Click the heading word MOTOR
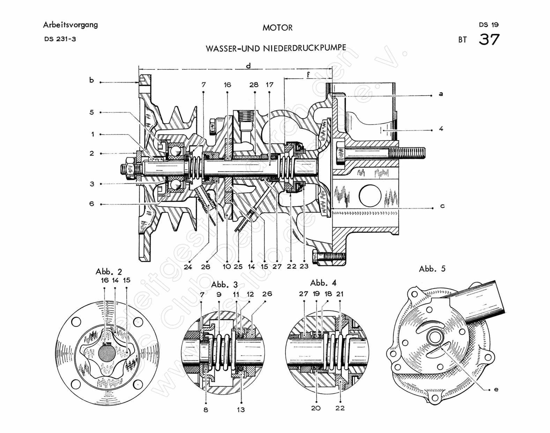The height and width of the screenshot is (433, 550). coord(277,28)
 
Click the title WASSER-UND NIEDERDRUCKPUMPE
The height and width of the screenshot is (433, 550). coord(276,48)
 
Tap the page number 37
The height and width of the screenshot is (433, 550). coord(489,39)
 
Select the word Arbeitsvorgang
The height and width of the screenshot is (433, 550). coord(70,25)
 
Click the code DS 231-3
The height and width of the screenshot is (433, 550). coord(60,39)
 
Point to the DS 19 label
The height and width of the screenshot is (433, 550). coord(489,25)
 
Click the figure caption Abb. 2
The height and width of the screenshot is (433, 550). coord(109,272)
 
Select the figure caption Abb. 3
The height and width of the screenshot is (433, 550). coord(224,285)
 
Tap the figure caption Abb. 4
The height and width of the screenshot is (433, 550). coord(323,282)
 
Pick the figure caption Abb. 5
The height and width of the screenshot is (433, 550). coord(432,269)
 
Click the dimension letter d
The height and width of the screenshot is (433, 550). coord(248,66)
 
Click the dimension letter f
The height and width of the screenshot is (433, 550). coord(308,74)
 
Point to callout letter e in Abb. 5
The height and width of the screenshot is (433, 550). coord(496,389)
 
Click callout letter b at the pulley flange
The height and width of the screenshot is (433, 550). coord(91,80)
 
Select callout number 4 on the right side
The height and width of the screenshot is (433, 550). coord(441,129)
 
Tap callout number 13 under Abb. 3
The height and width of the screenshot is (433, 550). coord(241,410)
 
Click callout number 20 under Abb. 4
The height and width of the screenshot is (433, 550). coord(315,408)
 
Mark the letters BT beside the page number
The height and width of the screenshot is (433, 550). coord(462,40)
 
